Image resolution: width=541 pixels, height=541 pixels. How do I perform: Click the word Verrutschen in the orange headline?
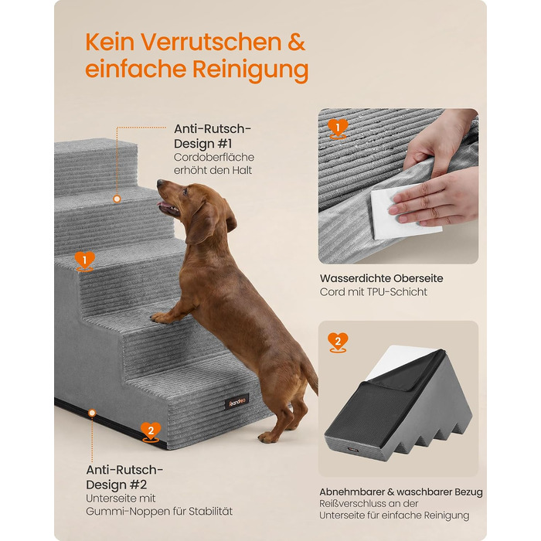pyautogui.click(x=211, y=42)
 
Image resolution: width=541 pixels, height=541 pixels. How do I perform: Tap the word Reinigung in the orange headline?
pyautogui.click(x=250, y=70)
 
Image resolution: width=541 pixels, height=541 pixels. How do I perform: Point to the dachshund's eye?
pyautogui.click(x=185, y=190)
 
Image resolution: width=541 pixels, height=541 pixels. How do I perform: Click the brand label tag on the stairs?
pyautogui.click(x=237, y=402)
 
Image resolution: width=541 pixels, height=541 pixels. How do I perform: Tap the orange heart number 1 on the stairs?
pyautogui.click(x=84, y=261)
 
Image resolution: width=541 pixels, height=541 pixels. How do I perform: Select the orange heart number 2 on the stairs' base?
pyautogui.click(x=151, y=431)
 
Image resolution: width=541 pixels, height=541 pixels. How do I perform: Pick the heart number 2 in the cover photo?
pyautogui.click(x=338, y=342)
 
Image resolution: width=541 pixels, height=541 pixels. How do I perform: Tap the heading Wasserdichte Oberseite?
pyautogui.click(x=381, y=278)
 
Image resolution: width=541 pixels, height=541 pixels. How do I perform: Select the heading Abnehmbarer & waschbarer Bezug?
pyautogui.click(x=401, y=492)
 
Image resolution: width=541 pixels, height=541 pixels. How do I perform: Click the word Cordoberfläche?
pyautogui.click(x=214, y=158)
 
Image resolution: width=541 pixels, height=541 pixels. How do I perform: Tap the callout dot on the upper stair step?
pyautogui.click(x=117, y=199)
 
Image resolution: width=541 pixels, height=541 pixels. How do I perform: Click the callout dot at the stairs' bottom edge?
pyautogui.click(x=92, y=413)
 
